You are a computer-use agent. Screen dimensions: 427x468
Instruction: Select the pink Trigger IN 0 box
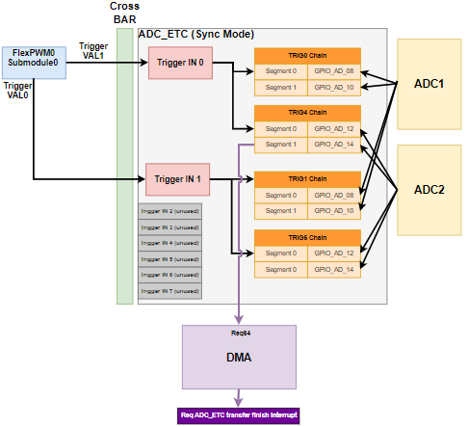[x=181, y=63]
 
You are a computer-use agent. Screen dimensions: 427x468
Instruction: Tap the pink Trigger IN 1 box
[x=177, y=179]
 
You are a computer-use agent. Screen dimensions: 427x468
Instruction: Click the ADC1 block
[x=429, y=84]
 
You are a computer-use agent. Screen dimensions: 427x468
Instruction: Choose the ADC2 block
[x=429, y=189]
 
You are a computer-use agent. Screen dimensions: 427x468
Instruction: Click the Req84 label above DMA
[x=240, y=333]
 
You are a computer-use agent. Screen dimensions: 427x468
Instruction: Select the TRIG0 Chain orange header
[x=307, y=55]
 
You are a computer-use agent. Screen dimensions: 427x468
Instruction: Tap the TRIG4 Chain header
[x=307, y=113]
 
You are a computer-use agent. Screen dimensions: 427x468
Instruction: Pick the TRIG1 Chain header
[x=307, y=179]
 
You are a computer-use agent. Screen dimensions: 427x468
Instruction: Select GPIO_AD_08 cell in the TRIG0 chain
[x=334, y=71]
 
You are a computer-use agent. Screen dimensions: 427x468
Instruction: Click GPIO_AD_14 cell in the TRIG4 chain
[x=334, y=145]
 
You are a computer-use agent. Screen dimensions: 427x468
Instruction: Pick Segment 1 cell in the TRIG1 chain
[x=281, y=211]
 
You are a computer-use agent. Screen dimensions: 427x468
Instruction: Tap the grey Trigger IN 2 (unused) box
[x=169, y=212]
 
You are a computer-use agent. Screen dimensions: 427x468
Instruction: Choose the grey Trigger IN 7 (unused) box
[x=169, y=290]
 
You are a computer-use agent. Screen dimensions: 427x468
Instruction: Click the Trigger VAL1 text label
[x=93, y=51]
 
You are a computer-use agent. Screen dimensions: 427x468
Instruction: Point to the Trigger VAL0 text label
[x=17, y=91]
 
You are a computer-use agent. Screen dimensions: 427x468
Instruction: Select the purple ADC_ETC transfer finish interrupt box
[x=240, y=415]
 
